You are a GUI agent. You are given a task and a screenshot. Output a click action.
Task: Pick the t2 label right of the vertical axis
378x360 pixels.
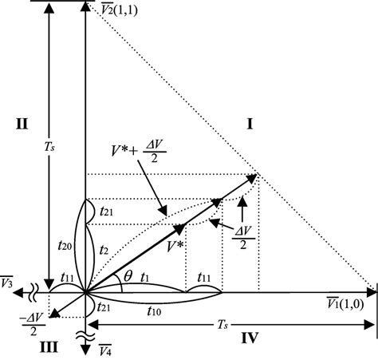pyautogui.click(x=102, y=250)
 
